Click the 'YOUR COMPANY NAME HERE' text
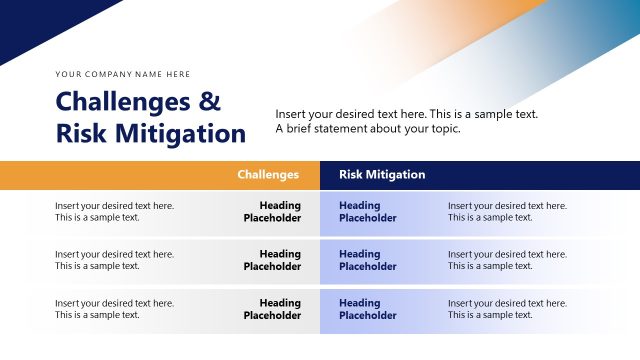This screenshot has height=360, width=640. [x=122, y=74]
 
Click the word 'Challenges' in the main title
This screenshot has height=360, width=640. [x=124, y=102]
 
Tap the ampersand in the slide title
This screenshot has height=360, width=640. [x=209, y=102]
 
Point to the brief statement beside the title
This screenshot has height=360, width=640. [x=406, y=121]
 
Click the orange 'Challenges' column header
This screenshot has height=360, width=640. [x=268, y=175]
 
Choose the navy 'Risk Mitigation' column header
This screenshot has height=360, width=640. [x=382, y=175]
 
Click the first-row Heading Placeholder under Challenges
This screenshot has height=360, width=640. [x=272, y=211]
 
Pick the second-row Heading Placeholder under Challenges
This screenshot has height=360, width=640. [x=272, y=260]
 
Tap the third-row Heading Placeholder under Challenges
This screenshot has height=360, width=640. [x=272, y=309]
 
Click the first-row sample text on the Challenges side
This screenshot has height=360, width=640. [x=114, y=211]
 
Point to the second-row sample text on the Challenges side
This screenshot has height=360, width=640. [x=114, y=260]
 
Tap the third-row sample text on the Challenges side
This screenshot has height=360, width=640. [x=114, y=309]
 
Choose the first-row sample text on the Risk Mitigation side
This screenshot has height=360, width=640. [x=507, y=211]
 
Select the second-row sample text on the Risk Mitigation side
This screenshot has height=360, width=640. [x=507, y=260]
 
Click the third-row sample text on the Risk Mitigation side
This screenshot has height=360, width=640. [x=507, y=309]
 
